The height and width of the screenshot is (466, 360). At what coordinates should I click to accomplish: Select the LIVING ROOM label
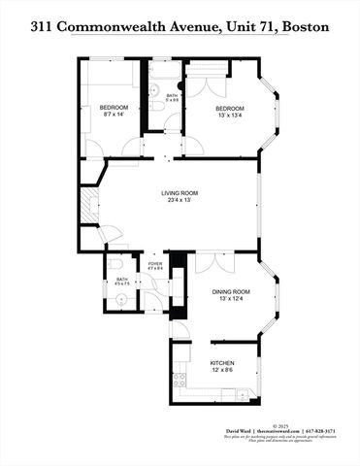point(179,194)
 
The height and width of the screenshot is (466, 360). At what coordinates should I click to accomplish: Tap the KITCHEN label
point(224,363)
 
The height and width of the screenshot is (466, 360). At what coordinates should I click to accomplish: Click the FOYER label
point(154,264)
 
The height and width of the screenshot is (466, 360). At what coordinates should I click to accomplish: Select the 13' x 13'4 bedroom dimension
point(230,116)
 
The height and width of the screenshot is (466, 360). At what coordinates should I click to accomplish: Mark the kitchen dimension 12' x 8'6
point(224,371)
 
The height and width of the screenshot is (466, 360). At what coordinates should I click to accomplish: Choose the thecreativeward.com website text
point(276,431)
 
